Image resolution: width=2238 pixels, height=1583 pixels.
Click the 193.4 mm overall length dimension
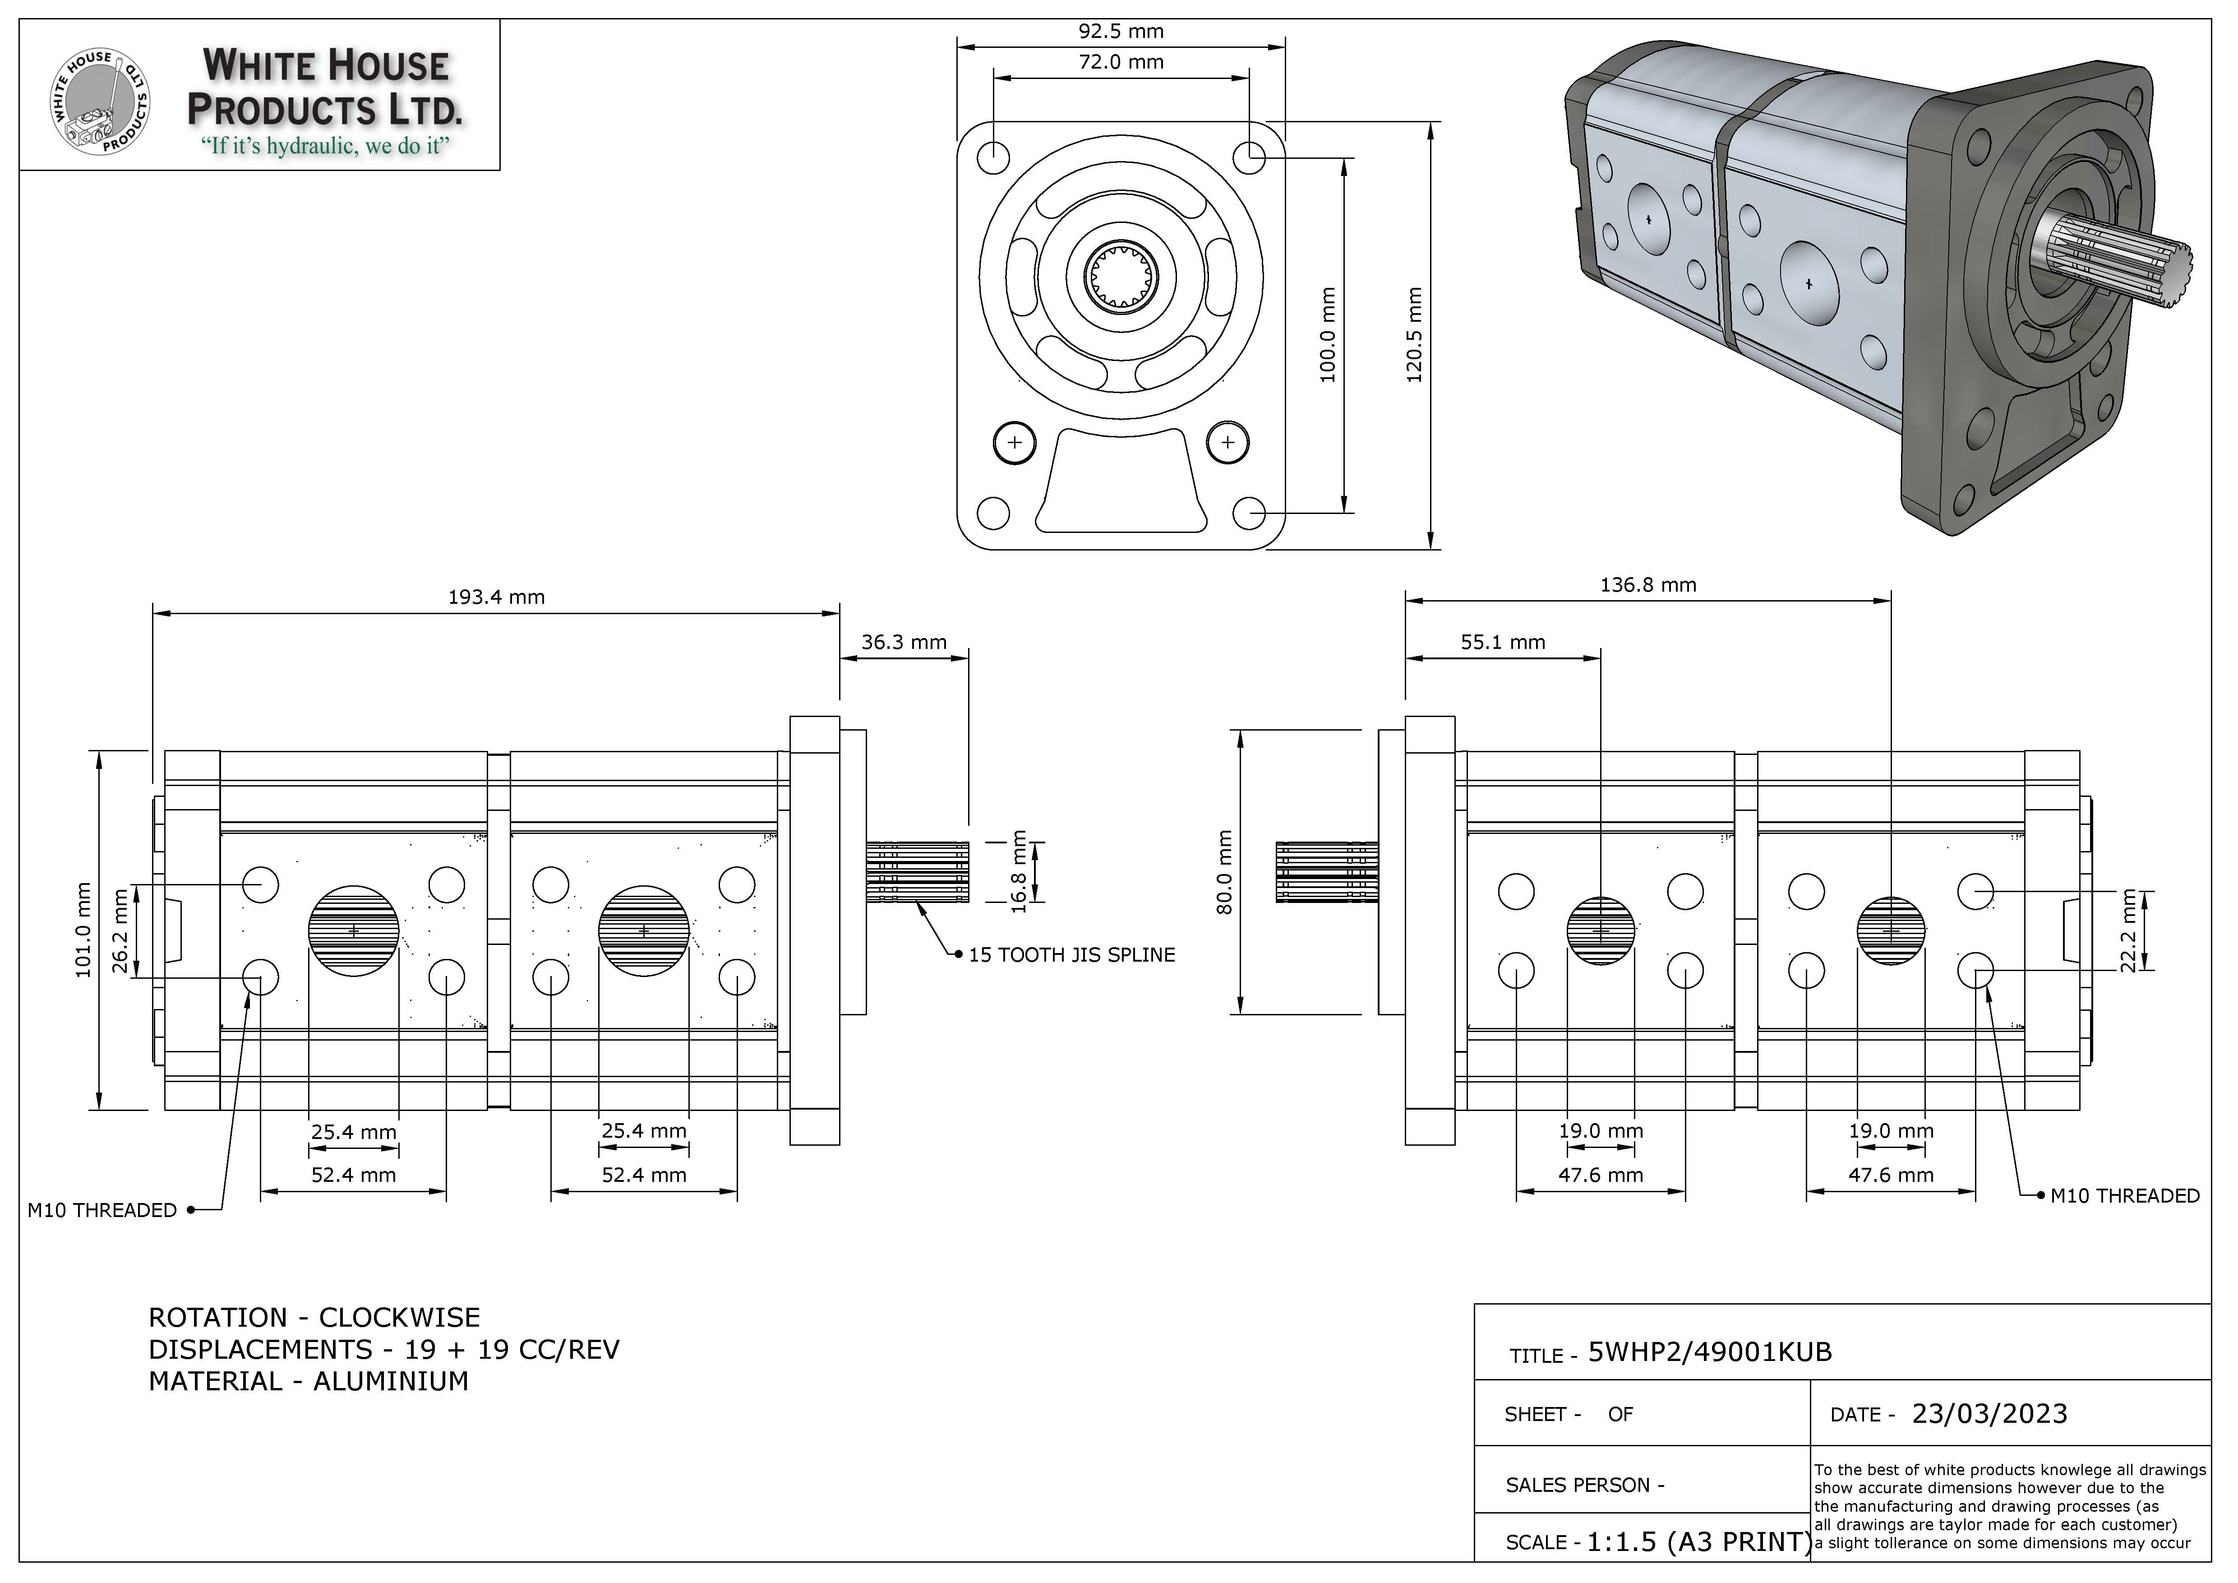tap(496, 597)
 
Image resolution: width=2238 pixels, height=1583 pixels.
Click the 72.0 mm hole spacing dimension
tap(1121, 62)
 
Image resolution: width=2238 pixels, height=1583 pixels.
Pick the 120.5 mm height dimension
tap(1415, 334)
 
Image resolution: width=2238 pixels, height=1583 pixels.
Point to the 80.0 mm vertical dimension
tap(1225, 872)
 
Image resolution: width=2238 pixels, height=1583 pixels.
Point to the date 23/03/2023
tap(1989, 1414)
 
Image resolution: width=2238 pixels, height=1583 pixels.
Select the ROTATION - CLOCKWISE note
tap(314, 1318)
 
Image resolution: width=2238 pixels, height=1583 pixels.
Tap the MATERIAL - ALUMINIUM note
tap(308, 1381)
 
